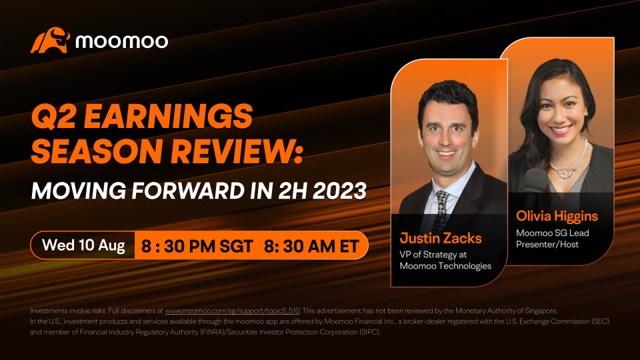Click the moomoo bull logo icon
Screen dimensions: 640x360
click(x=50, y=40)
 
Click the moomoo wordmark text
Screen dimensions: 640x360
click(x=121, y=41)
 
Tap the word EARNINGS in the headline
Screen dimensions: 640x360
click(x=168, y=115)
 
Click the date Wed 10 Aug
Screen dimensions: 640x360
click(x=83, y=245)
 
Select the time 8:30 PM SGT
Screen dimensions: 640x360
click(x=197, y=246)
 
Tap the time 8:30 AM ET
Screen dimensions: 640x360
click(x=311, y=246)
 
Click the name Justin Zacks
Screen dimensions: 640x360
click(x=441, y=238)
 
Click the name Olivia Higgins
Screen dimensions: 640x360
click(x=557, y=216)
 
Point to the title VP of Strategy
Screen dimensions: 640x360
click(x=429, y=255)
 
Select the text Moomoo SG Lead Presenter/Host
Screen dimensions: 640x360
click(x=552, y=239)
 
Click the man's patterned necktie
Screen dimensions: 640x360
click(x=441, y=208)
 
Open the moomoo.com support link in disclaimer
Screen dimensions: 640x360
click(x=232, y=311)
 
